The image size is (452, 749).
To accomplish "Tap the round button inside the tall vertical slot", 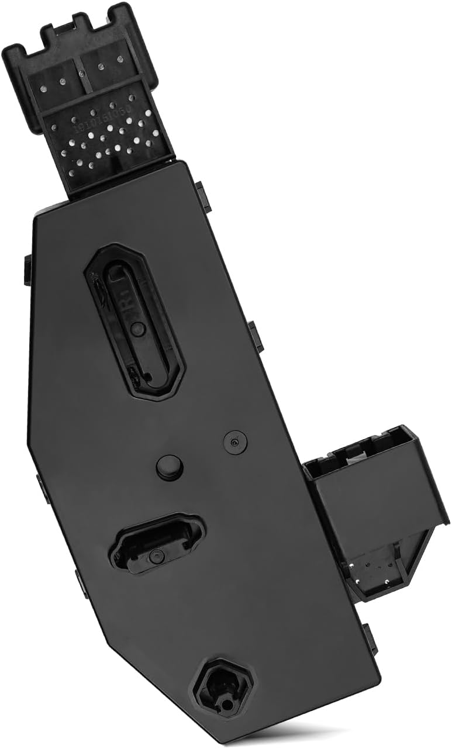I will (138, 330).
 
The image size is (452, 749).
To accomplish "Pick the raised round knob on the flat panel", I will (170, 467).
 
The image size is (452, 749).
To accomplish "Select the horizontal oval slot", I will (158, 543).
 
